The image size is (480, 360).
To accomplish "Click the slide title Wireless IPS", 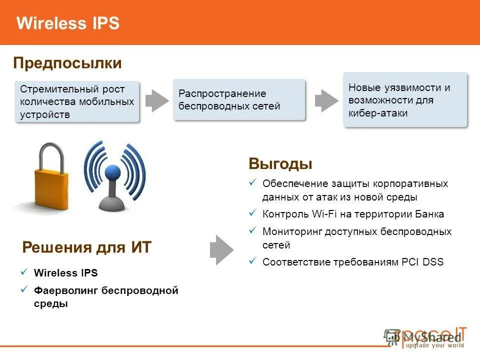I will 68,23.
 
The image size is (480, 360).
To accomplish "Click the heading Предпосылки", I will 67,63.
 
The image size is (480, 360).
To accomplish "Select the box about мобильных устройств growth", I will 77,101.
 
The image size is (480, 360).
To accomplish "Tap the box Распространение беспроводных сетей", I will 239,99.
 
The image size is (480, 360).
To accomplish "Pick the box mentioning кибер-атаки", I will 405,100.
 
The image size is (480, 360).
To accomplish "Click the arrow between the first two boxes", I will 157,100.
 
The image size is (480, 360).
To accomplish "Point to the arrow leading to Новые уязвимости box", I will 326,100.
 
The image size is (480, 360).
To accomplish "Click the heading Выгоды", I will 280,164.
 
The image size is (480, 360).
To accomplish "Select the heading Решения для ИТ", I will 86,247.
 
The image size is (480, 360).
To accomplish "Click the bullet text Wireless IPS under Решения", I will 65,273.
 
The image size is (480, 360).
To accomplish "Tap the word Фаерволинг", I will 65,290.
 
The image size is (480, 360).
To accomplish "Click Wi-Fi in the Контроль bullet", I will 325,214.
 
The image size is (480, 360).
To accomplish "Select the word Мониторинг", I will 292,231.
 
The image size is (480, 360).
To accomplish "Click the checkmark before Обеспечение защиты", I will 252,182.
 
